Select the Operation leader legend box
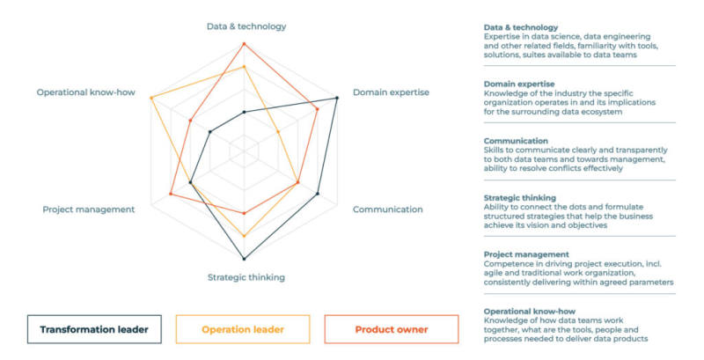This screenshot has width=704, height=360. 243,330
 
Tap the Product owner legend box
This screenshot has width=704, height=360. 391,330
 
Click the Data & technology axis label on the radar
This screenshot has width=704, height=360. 246,26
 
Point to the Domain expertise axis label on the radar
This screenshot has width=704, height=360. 391,92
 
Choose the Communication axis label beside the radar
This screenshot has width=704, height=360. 387,209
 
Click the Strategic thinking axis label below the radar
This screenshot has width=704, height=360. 246,277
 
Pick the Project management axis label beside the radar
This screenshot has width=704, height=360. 89,209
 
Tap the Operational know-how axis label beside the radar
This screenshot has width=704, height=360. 86,92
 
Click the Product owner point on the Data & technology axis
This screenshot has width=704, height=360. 245,43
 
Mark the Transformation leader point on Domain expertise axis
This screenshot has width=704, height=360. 338,98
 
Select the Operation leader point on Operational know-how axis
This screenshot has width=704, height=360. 151,97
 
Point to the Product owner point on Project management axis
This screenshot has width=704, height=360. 171,195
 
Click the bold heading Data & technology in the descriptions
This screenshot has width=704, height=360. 521,27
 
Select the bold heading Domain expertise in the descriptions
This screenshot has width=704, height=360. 519,84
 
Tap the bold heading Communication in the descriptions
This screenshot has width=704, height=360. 516,141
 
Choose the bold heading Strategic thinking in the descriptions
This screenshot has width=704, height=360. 520,198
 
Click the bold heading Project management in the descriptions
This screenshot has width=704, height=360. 526,254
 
